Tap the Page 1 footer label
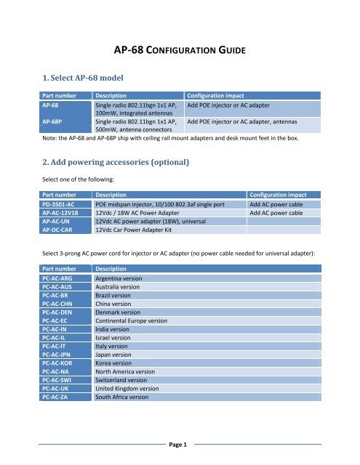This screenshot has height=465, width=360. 180,444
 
